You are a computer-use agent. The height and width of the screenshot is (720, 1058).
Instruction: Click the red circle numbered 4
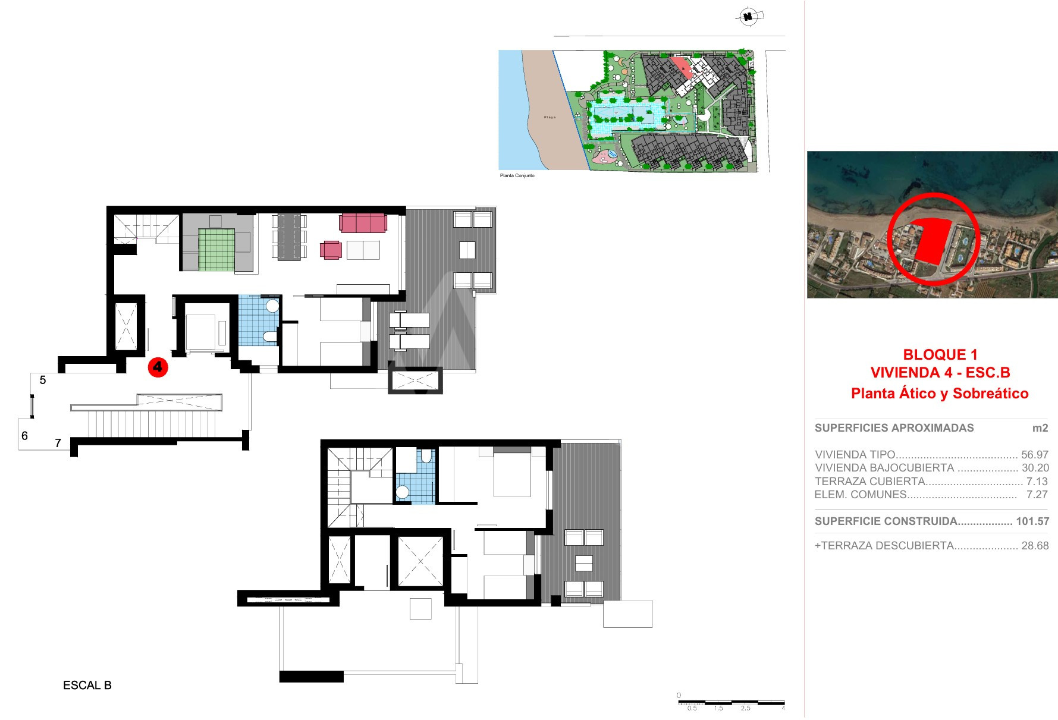pyautogui.click(x=158, y=367)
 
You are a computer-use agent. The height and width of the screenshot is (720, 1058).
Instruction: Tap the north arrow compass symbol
pyautogui.click(x=749, y=17)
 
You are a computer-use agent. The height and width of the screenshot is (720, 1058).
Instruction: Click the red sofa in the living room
pyautogui.click(x=363, y=224)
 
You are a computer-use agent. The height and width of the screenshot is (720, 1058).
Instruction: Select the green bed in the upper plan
pyautogui.click(x=216, y=249)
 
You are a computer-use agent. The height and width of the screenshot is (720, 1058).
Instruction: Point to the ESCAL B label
pyautogui.click(x=87, y=685)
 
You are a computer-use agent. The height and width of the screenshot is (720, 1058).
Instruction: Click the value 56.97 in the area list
pyautogui.click(x=1035, y=455)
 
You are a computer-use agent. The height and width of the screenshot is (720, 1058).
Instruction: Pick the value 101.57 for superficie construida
pyautogui.click(x=1032, y=521)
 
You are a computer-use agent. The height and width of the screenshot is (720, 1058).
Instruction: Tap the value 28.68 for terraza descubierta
pyautogui.click(x=1035, y=546)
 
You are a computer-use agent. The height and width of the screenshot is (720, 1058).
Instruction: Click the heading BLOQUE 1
pyautogui.click(x=940, y=354)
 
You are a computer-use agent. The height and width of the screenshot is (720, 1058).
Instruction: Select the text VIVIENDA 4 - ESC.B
pyautogui.click(x=940, y=373)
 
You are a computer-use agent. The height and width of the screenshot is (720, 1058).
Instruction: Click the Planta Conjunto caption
pyautogui.click(x=517, y=176)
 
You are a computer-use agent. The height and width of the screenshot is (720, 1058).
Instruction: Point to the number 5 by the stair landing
pyautogui.click(x=43, y=380)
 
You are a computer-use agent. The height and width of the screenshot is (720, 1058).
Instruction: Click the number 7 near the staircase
pyautogui.click(x=58, y=443)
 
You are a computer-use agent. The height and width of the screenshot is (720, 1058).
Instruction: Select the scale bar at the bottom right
pyautogui.click(x=732, y=703)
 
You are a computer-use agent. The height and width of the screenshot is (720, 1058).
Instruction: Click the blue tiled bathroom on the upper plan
pyautogui.click(x=259, y=320)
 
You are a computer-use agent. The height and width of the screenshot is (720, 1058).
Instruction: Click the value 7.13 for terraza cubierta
pyautogui.click(x=1037, y=482)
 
